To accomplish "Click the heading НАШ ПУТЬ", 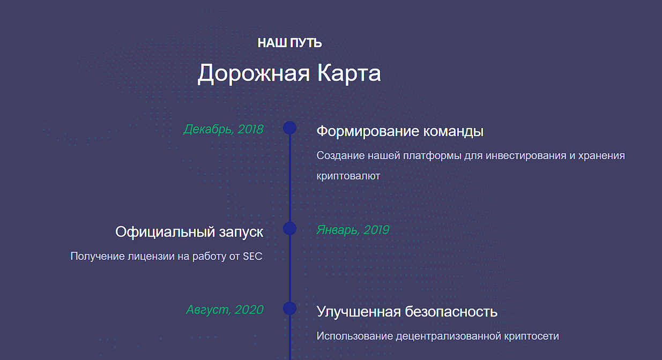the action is click(289, 43).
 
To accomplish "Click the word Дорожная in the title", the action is click(254, 73).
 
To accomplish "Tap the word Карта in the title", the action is click(349, 73).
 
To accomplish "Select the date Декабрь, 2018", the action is click(224, 130).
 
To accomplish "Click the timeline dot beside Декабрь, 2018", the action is click(289, 127).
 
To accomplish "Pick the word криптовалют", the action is click(348, 176).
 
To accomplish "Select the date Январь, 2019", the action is click(353, 230).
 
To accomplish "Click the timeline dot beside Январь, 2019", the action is click(289, 228).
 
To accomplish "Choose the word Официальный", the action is click(165, 232).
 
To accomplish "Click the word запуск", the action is click(241, 232).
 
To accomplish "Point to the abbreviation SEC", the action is click(252, 256).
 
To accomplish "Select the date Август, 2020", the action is click(225, 310).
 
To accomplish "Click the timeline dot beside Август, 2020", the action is click(289, 309).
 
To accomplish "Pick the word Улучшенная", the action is click(359, 312).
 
